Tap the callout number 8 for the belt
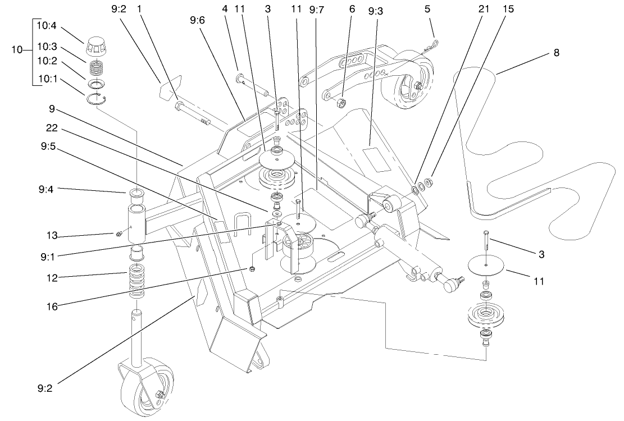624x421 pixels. tap(557, 53)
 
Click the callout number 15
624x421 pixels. tap(508, 10)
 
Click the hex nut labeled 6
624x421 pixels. tap(340, 103)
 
